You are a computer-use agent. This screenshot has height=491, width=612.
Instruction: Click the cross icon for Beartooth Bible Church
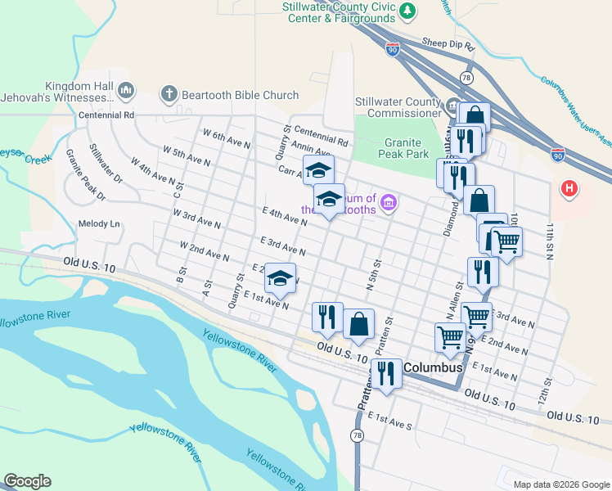169,94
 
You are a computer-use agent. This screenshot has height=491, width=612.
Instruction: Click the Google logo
27,481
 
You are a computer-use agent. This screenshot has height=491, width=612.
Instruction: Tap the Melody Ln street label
99,223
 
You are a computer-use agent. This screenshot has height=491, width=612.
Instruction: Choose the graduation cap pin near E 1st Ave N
280,279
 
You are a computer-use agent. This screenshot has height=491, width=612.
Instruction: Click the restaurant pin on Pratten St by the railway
386,373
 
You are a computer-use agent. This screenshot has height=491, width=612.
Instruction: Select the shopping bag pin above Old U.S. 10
358,324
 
